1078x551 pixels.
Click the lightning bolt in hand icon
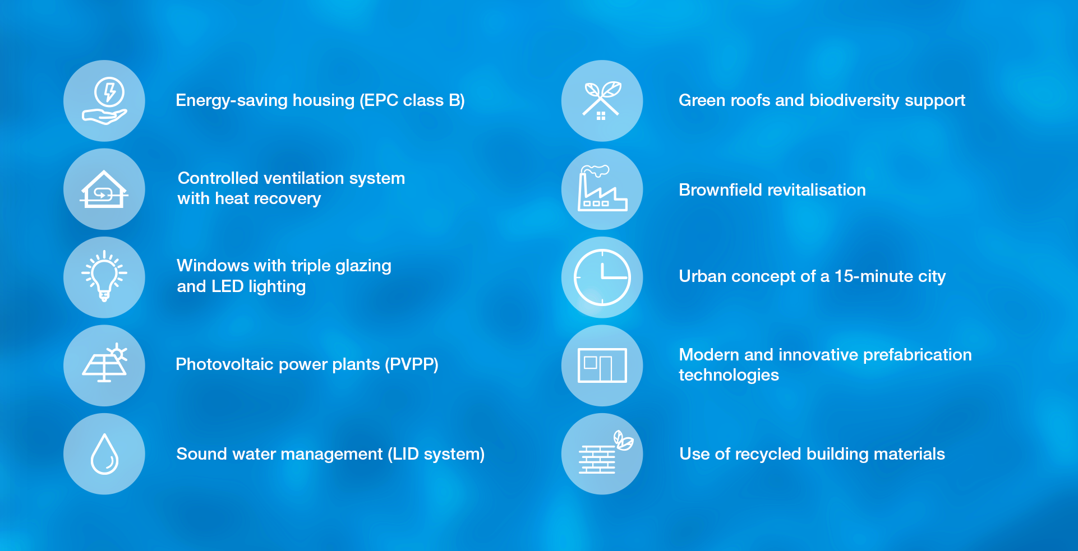[x=104, y=101]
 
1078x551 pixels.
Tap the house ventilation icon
[x=104, y=189]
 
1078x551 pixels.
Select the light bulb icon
[x=104, y=277]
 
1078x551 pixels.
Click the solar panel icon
[x=105, y=363]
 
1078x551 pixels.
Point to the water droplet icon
[x=104, y=453]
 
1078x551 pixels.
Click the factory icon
[x=602, y=189]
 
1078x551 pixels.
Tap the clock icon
[x=602, y=277]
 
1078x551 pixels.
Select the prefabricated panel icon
[x=602, y=365]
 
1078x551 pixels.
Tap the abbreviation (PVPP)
[x=412, y=364]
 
